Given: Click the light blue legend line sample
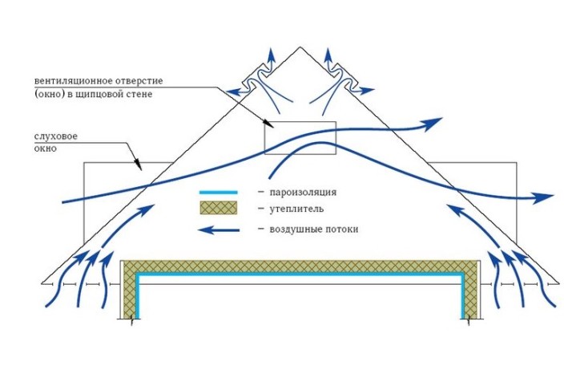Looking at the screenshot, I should [x=220, y=193].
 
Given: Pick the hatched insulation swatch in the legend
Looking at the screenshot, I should [x=220, y=209].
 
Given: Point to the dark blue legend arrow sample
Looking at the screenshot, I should [x=220, y=230].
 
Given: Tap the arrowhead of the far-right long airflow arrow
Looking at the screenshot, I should [x=546, y=197].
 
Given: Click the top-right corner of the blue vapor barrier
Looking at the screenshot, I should [x=463, y=275].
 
